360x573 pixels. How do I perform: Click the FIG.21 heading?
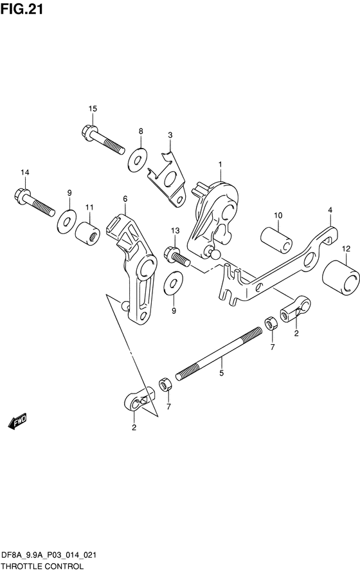pyautogui.click(x=22, y=9)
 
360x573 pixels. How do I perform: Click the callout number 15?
pyautogui.click(x=93, y=109)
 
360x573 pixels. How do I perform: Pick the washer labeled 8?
pyautogui.click(x=138, y=159)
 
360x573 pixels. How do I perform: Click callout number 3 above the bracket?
pyautogui.click(x=170, y=135)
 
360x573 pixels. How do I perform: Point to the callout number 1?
pyautogui.click(x=221, y=165)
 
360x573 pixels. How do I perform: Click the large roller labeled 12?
pyautogui.click(x=341, y=278)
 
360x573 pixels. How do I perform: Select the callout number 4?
pyautogui.click(x=330, y=210)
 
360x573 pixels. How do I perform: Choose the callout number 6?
pyautogui.click(x=125, y=199)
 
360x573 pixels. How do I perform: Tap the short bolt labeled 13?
pyautogui.click(x=177, y=257)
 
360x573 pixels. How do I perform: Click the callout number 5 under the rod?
pyautogui.click(x=222, y=373)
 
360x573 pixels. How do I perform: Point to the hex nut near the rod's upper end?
pyautogui.click(x=271, y=323)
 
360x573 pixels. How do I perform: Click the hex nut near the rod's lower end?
pyautogui.click(x=165, y=385)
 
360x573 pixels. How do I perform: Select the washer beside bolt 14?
pyautogui.click(x=67, y=221)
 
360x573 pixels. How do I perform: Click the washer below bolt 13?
pyautogui.click(x=174, y=283)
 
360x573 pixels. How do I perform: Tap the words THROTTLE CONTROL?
pyautogui.click(x=42, y=567)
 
